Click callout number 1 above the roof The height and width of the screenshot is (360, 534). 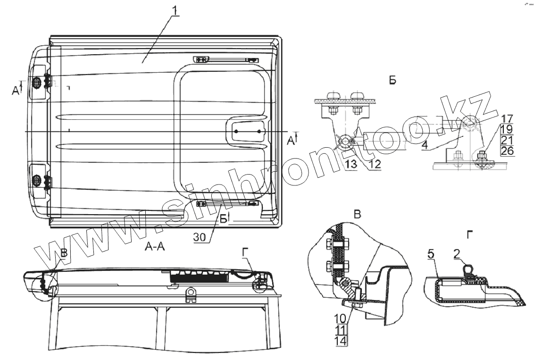coord(175,9)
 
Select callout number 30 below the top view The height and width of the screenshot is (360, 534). coord(200,238)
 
